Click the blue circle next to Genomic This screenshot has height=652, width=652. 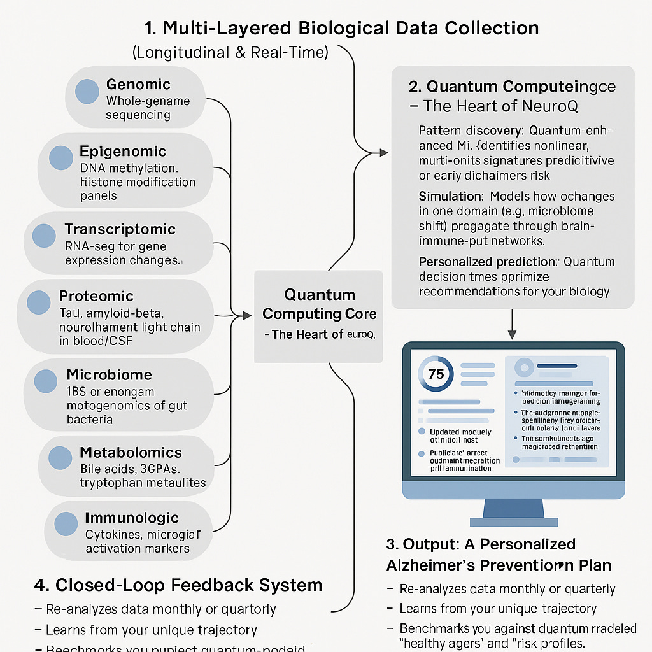[x=87, y=92]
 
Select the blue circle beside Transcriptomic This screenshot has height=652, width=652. [x=45, y=236]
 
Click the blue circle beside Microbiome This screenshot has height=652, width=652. [x=46, y=381]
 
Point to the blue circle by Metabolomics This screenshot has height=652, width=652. [x=60, y=458]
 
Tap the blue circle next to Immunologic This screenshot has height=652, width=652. [x=66, y=524]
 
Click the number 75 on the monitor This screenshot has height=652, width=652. [x=437, y=374]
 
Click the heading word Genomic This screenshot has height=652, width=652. [x=138, y=84]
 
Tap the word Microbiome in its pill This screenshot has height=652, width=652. [x=109, y=374]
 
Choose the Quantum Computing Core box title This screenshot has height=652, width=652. [x=320, y=304]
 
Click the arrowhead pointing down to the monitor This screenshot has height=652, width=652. [x=512, y=335]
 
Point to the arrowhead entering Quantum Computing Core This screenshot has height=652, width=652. [x=247, y=315]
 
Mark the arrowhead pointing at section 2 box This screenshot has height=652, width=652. [x=383, y=152]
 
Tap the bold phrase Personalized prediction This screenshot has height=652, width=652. [x=486, y=262]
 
